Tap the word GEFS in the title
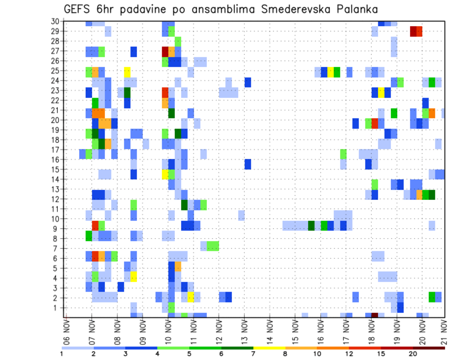pos(77,9)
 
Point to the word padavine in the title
pos(141,9)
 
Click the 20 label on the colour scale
pos(413,354)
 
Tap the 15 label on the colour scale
pos(381,354)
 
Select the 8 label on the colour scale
pos(285,354)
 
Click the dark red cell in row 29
pos(413,32)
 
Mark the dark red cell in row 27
pos(165,51)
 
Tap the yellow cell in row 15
pos(165,174)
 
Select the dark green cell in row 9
pos(311,226)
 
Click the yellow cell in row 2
pos(191,297)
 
